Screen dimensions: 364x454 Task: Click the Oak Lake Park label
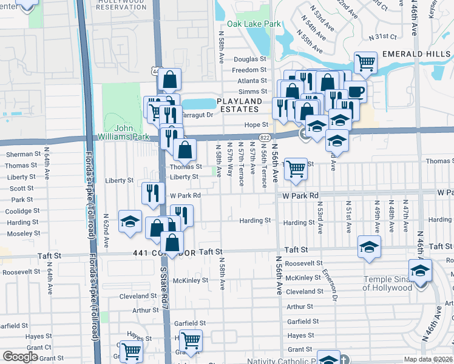point(254,24)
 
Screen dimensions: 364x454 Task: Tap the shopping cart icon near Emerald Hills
point(365,61)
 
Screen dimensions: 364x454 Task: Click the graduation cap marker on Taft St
point(368,247)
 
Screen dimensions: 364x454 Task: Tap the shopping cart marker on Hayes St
point(191,340)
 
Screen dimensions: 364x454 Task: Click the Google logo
point(20,357)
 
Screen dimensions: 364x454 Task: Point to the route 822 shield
point(264,138)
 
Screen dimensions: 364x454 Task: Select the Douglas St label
point(250,59)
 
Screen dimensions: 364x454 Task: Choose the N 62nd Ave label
point(106,230)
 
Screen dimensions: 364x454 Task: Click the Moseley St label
point(22,234)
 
